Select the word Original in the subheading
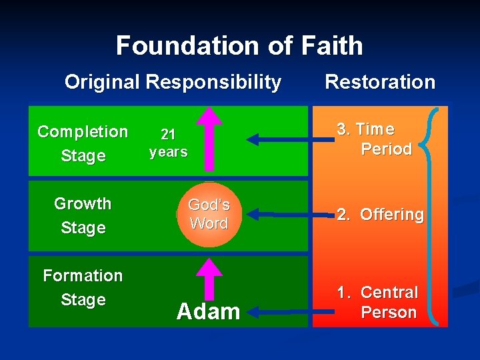pyautogui.click(x=102, y=82)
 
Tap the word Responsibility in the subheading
pyautogui.click(x=213, y=82)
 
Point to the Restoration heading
pyautogui.click(x=379, y=82)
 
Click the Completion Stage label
pyautogui.click(x=83, y=143)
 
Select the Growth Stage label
pyautogui.click(x=83, y=215)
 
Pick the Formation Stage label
pyautogui.click(x=83, y=287)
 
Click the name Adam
pyautogui.click(x=208, y=311)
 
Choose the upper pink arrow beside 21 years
pyautogui.click(x=211, y=137)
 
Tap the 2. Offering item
pyautogui.click(x=380, y=215)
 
